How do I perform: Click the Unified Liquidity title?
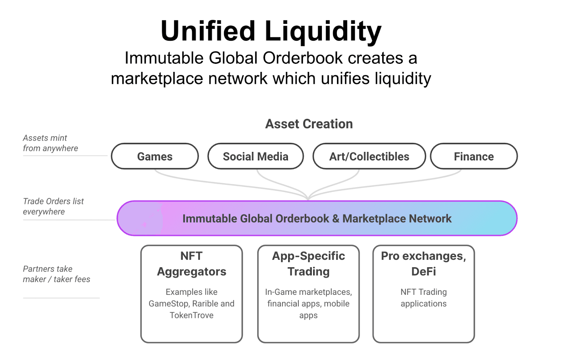(271, 31)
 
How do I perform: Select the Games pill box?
(155, 156)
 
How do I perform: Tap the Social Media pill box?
(255, 156)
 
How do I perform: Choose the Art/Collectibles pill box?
(369, 156)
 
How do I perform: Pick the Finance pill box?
(473, 156)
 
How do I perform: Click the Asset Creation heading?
(309, 124)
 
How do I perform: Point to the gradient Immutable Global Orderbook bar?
(317, 218)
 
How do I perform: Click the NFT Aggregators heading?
(191, 264)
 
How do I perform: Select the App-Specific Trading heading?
(308, 264)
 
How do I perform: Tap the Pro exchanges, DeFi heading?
(423, 264)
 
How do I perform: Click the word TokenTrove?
(191, 315)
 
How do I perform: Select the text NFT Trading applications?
(423, 298)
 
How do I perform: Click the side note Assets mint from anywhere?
(50, 143)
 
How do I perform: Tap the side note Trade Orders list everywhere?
(53, 206)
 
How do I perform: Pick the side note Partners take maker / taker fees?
(56, 274)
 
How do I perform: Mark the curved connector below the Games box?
(210, 182)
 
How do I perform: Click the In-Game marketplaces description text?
(308, 304)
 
